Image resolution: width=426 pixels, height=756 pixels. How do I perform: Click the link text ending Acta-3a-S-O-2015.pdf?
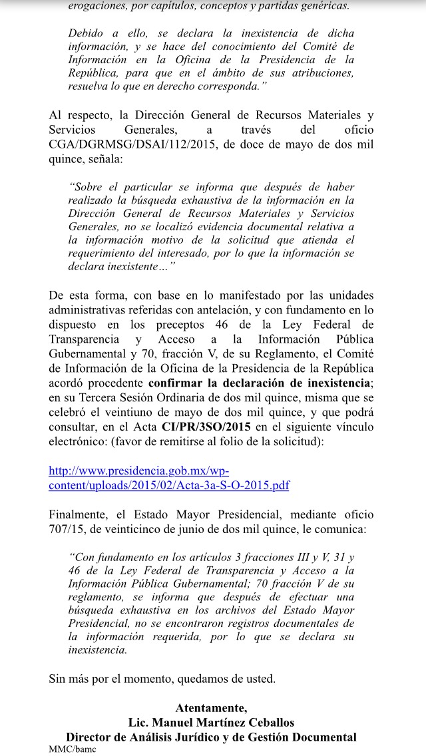tap(169, 485)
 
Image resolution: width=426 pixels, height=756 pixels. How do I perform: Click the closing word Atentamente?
tap(211, 707)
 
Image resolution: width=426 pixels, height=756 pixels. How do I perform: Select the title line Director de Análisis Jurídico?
tap(211, 737)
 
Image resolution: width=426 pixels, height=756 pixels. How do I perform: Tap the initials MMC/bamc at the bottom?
tap(73, 749)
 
